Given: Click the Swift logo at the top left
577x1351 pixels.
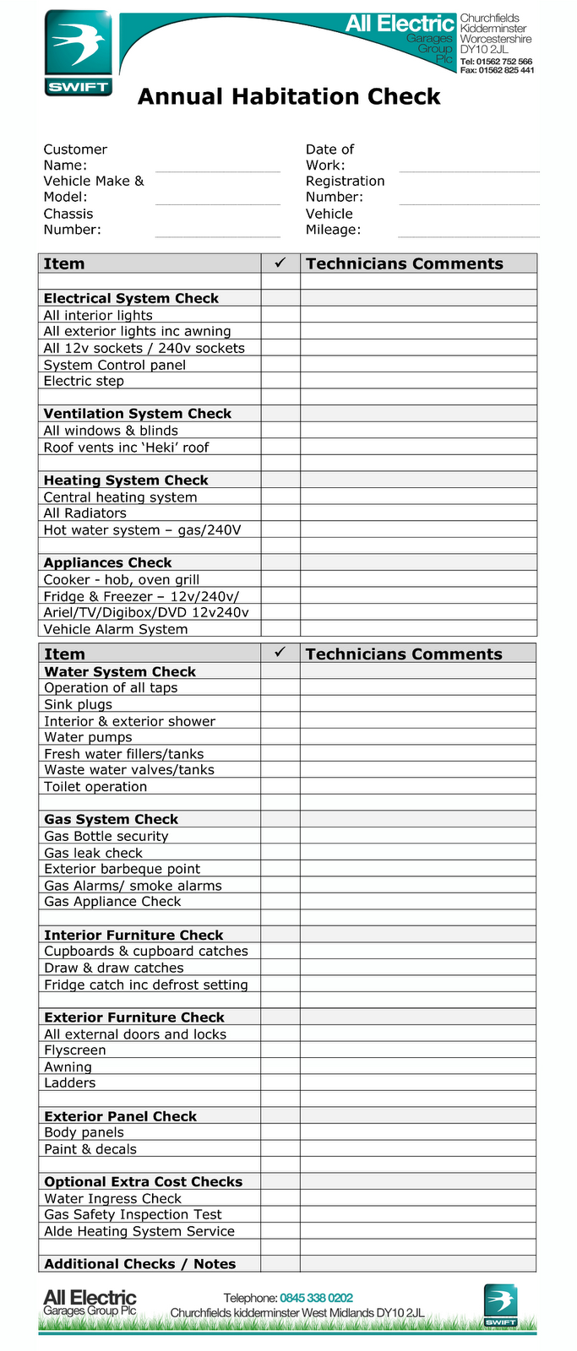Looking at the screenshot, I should [x=78, y=53].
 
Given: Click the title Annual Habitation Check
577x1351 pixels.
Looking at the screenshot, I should [x=289, y=97].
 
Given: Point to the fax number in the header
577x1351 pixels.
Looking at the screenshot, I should [x=497, y=71].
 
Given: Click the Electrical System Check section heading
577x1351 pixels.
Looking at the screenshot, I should [x=131, y=298].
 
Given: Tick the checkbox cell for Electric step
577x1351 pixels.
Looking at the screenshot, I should [x=280, y=381].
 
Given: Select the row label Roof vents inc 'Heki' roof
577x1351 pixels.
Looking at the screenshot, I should [x=126, y=448].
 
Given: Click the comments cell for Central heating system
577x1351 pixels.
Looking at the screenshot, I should [x=418, y=496].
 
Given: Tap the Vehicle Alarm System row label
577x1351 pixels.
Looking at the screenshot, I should [x=116, y=629].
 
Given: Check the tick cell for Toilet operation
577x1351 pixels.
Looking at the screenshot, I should [x=280, y=786].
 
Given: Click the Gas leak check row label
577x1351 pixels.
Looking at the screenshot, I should [x=93, y=853].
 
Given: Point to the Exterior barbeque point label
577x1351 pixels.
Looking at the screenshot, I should [x=122, y=869].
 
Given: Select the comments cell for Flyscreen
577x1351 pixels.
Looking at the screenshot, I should [x=418, y=1050].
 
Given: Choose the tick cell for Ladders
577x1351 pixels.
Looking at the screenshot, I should [x=280, y=1082].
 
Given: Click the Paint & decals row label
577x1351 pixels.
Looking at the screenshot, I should [x=90, y=1149].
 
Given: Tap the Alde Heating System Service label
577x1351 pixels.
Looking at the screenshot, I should [x=139, y=1231].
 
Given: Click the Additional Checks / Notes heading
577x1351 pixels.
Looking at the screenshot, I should [x=139, y=1264].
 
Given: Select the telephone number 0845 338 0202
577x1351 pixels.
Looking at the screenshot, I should [x=316, y=1298].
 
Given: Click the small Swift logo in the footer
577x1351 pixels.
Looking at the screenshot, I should [x=500, y=1305].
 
